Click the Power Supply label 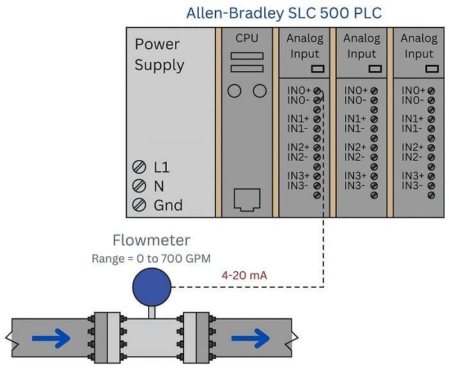point(159,54)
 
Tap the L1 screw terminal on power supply point(139,168)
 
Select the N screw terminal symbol point(139,187)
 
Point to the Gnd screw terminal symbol point(139,205)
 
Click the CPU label point(247,38)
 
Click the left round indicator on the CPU point(234,91)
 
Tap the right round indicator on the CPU point(259,91)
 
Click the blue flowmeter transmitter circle point(151,286)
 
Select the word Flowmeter point(151,241)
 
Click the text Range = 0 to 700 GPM point(151,259)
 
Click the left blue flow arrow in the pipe point(51,338)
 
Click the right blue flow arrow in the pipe point(250,338)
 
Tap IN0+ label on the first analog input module point(299,91)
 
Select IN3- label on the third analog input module point(413,186)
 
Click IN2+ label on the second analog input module point(355,147)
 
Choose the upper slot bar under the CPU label point(247,56)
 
